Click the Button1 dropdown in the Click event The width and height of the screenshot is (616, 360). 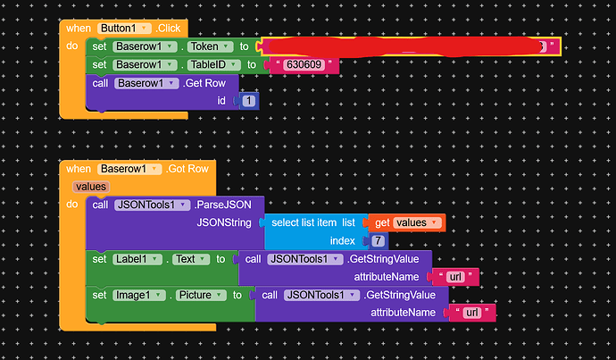coord(121,29)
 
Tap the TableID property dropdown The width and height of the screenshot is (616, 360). coord(213,64)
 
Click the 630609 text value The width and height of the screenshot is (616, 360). coord(306,65)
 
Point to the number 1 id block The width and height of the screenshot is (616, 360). coord(248,102)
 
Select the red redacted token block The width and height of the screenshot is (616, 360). coord(402,46)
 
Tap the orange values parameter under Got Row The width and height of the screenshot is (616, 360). coord(91,187)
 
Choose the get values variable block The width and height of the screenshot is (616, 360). coord(406,222)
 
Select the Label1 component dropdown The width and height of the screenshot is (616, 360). coord(138,259)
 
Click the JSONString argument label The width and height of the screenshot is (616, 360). coord(224,222)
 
